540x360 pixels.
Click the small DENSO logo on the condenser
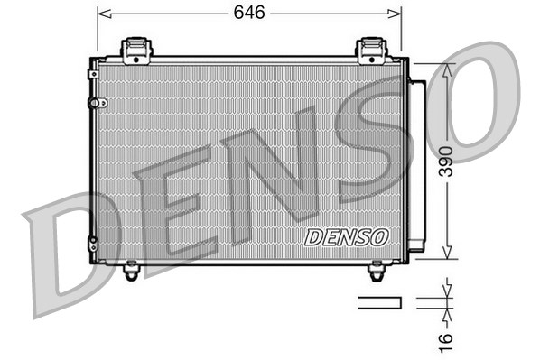click(x=347, y=237)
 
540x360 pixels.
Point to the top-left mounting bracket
click(x=135, y=49)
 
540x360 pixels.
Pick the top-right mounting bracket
click(x=371, y=50)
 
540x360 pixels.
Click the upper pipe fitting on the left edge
click(x=93, y=102)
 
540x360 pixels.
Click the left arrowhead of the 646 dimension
click(x=102, y=14)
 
